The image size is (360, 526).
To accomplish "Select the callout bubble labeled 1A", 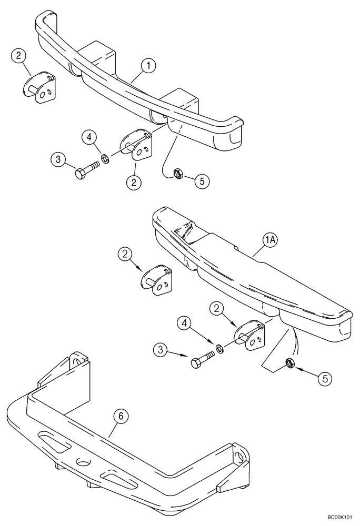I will click(x=270, y=241).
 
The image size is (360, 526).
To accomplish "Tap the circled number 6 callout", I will click(x=121, y=417).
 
